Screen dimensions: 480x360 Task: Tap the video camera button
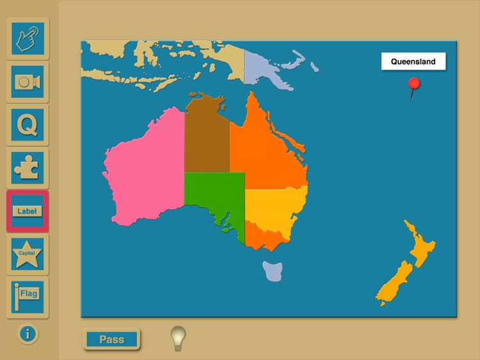tap(28, 81)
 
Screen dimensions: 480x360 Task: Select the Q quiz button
tap(28, 124)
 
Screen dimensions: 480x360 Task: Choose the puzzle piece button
tap(28, 168)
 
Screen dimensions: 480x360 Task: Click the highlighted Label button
tap(28, 211)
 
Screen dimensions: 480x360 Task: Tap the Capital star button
tap(28, 254)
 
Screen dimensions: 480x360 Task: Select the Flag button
tap(28, 297)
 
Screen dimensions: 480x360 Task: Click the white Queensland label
tap(413, 62)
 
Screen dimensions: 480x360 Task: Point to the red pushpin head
tap(414, 83)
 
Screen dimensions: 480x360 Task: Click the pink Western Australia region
tap(144, 169)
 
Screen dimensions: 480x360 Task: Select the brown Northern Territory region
tap(206, 137)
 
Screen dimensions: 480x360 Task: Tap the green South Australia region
tap(214, 195)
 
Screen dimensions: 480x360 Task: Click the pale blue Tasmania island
tap(272, 270)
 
